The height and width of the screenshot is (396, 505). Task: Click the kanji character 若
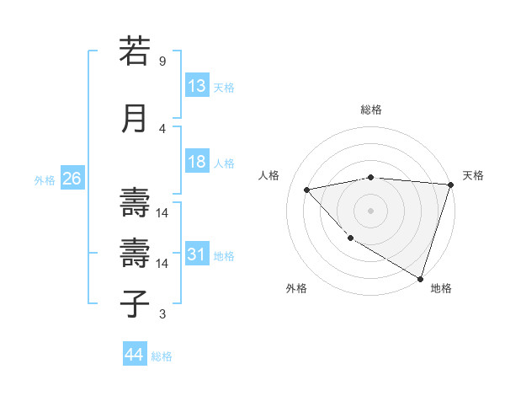click(x=135, y=51)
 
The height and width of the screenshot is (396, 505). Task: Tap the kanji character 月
click(x=135, y=119)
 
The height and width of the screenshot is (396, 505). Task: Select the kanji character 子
click(x=135, y=304)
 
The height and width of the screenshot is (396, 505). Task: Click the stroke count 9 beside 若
click(x=162, y=62)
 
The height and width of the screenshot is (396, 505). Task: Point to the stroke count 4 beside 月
click(x=162, y=129)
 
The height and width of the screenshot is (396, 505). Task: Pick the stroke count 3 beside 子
click(x=162, y=314)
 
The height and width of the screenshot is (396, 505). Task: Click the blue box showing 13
click(x=196, y=86)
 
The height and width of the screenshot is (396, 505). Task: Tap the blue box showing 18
click(x=196, y=163)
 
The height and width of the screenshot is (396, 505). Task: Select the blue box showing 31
click(x=196, y=254)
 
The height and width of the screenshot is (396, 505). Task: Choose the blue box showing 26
click(x=72, y=179)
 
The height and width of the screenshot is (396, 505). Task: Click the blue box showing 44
click(x=134, y=355)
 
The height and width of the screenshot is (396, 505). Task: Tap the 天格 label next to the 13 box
click(x=224, y=88)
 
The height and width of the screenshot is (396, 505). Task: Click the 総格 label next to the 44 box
click(x=162, y=356)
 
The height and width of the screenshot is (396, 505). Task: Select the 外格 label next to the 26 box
click(x=45, y=180)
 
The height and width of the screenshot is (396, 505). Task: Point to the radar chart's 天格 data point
click(x=450, y=185)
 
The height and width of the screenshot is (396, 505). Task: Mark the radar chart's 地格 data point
click(x=420, y=277)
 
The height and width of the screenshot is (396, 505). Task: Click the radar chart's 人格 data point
click(x=307, y=190)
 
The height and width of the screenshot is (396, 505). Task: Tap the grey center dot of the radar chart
click(x=370, y=210)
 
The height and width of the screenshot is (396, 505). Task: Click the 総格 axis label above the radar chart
click(x=370, y=110)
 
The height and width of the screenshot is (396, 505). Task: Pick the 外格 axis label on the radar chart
click(x=295, y=288)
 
